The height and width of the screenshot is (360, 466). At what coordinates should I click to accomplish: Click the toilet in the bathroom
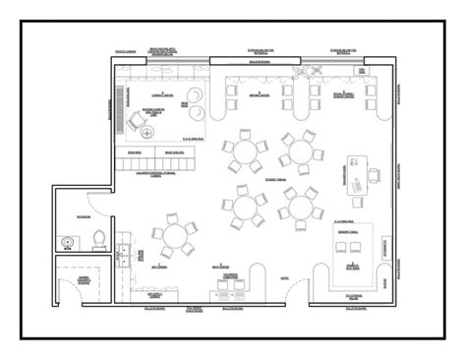point(98,237)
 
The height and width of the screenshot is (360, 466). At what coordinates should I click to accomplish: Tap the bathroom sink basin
point(67,238)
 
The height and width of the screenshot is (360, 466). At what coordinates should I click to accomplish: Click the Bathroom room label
point(83,216)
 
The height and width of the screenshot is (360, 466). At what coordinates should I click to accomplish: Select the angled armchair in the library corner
point(135,122)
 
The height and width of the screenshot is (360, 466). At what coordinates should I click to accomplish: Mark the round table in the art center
point(174,237)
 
